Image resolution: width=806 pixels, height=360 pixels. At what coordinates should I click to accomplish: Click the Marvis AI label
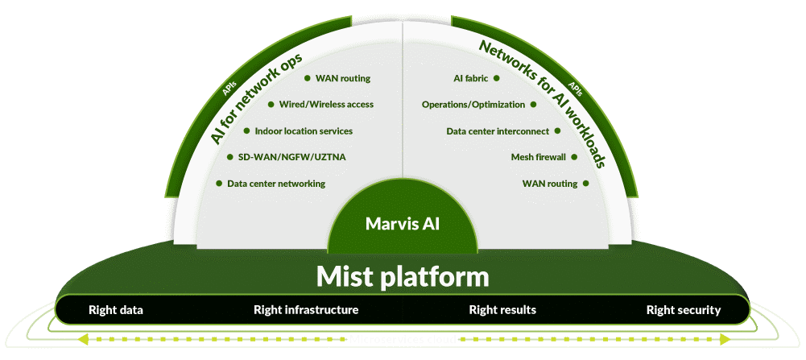[x=403, y=222]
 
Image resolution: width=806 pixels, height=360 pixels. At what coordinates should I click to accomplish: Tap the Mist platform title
[x=403, y=277]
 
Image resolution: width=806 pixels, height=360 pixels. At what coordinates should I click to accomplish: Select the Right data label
[x=115, y=310]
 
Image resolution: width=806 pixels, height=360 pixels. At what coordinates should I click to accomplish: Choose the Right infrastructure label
[x=306, y=310]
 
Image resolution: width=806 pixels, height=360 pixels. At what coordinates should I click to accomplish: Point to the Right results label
[x=502, y=310]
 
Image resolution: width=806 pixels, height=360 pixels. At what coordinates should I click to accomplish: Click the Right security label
[x=684, y=310]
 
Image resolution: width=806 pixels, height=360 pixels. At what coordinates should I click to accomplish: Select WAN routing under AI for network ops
[x=343, y=79]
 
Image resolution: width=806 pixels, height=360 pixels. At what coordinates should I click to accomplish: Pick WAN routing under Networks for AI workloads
[x=550, y=184]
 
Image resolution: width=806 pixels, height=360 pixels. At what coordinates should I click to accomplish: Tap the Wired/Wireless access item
[x=326, y=105]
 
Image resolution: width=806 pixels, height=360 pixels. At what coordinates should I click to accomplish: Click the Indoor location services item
[x=304, y=131]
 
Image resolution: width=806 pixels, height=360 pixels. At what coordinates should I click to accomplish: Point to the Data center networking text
[x=276, y=184]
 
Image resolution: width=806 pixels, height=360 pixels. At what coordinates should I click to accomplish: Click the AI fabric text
[x=471, y=79]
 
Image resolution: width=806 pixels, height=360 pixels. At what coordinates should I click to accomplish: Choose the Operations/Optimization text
[x=473, y=105]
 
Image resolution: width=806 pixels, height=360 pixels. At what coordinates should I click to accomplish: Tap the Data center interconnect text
[x=498, y=131]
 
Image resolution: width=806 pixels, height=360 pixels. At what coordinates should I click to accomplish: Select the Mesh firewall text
[x=539, y=157]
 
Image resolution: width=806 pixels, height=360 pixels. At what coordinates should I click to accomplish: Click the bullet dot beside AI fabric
[x=497, y=79]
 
